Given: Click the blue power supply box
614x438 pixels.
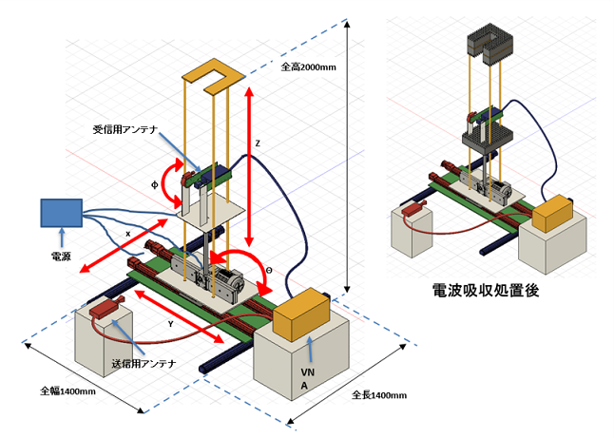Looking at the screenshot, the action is click(x=62, y=213).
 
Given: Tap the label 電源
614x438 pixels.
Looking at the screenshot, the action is click(x=61, y=257).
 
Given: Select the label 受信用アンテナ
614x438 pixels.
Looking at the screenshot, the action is click(x=125, y=129).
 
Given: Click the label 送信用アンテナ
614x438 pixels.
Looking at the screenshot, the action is click(x=144, y=364).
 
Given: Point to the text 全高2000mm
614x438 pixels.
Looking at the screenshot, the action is click(x=309, y=67).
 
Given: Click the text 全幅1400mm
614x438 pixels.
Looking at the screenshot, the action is click(x=68, y=391).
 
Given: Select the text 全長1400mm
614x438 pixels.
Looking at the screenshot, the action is click(x=379, y=395).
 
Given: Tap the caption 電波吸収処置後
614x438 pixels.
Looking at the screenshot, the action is click(x=486, y=290).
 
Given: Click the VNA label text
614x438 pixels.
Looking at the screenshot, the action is click(x=307, y=378).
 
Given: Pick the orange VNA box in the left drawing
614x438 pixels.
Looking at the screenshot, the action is click(x=301, y=314).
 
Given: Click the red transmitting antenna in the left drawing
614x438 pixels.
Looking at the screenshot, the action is click(x=106, y=308).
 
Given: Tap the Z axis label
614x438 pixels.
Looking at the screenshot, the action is click(x=258, y=144).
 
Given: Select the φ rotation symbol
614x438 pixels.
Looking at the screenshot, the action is click(x=154, y=184).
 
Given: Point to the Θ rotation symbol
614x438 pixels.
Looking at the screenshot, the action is click(x=269, y=271).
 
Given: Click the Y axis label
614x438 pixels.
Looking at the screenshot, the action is click(x=170, y=324).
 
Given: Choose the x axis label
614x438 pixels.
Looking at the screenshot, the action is click(x=127, y=234).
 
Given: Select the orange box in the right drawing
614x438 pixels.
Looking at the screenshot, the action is click(x=552, y=214).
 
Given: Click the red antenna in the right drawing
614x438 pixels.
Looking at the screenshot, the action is click(x=413, y=208).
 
